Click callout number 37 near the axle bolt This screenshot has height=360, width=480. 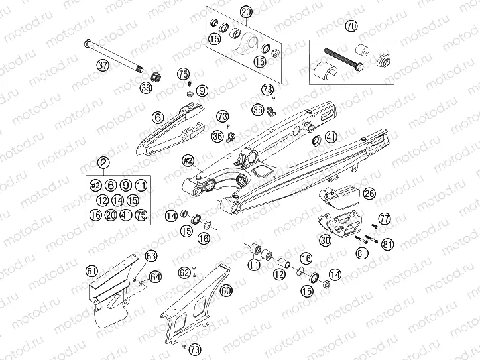point(102,65)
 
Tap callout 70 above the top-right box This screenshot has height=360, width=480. point(369,26)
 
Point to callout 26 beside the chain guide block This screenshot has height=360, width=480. point(369,194)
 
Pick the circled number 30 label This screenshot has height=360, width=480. point(325,241)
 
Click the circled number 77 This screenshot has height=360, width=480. point(383,219)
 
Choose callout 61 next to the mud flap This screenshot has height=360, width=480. point(91,269)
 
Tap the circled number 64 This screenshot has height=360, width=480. point(154,276)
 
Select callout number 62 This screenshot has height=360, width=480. point(184,272)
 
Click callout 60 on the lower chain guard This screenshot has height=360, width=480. point(226,290)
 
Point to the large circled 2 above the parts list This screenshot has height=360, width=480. point(103,163)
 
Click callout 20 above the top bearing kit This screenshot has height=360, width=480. point(246,13)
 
